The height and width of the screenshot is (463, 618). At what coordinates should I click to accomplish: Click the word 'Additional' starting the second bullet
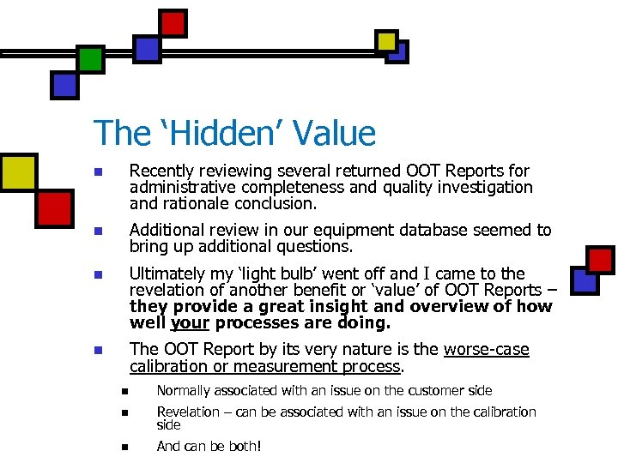(167, 231)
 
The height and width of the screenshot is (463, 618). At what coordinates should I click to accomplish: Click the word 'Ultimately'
(168, 274)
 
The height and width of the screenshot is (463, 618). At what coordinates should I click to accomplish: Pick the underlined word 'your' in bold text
(190, 324)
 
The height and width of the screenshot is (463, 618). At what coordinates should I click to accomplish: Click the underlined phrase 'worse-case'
(486, 350)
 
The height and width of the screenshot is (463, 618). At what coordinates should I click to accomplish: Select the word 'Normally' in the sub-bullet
(185, 391)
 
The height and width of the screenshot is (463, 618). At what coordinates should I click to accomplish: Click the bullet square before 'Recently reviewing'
(98, 172)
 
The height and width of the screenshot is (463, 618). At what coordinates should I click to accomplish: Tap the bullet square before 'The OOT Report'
(98, 351)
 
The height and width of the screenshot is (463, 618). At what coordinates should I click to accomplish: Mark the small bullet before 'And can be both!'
(124, 447)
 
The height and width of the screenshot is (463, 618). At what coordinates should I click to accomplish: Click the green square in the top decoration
(89, 59)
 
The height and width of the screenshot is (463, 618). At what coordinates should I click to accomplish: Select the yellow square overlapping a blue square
(387, 40)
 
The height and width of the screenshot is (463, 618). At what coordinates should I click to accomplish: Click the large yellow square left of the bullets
(19, 171)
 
